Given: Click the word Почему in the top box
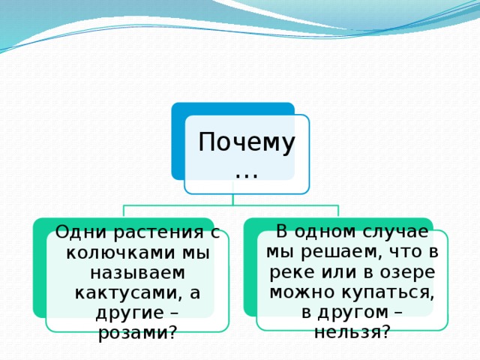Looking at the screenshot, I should click(x=246, y=142).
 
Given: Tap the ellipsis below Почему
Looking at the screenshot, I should click(x=246, y=173).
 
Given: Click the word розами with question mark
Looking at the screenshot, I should click(x=137, y=332).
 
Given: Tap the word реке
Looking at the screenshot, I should click(x=287, y=271).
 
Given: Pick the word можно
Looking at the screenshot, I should click(x=298, y=292).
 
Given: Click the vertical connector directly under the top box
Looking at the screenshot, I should click(x=232, y=199).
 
